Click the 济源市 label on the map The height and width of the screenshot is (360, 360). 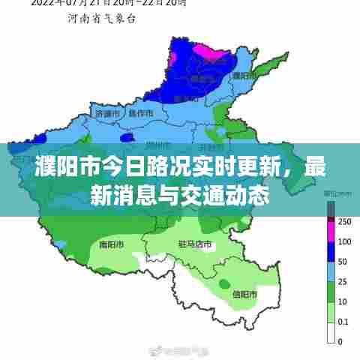point(109,113)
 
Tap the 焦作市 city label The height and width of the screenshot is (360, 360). point(141,113)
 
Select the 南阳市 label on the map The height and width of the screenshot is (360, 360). point(111,244)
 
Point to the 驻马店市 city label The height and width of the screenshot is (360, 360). point(195,244)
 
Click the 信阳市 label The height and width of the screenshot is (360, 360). point(244,293)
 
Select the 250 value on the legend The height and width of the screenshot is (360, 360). point(344,221)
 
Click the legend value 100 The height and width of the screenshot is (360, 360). point(344,241)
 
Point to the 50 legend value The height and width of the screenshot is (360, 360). point(342,262)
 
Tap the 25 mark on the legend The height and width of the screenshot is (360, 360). point(342,282)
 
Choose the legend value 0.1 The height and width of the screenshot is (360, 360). point(343,322)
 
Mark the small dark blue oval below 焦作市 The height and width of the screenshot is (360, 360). point(127,137)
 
